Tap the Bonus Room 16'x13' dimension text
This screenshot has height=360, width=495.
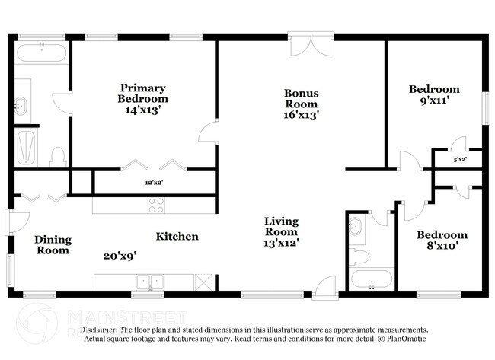(302, 115)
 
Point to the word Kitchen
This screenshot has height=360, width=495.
(177, 237)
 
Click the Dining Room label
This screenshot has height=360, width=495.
(53, 245)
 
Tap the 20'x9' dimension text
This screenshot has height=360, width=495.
(119, 256)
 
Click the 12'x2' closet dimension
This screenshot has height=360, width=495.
(155, 183)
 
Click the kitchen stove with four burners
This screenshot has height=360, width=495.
(156, 204)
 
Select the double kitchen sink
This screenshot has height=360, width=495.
(150, 282)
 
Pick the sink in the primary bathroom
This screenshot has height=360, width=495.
(22, 105)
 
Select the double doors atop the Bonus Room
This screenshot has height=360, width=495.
(311, 44)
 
